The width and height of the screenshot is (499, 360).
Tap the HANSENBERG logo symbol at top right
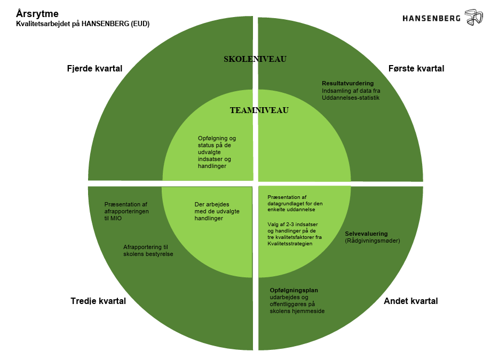pos(474,17)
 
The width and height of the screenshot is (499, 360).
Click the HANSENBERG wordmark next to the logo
pos(432,18)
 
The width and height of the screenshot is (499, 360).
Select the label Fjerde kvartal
pos(94,69)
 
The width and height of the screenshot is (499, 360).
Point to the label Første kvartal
pos(416,69)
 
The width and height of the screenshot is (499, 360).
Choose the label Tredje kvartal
pos(98,301)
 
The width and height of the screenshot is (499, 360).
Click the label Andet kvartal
pos(411,301)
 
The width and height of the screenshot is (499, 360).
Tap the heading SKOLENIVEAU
pos(255,59)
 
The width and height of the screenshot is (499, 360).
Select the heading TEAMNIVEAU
pos(259,111)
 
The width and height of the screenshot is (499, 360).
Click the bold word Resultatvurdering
pos(347,83)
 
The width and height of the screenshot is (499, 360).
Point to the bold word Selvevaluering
pos(366,234)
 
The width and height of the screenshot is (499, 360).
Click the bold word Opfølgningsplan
pos(294,290)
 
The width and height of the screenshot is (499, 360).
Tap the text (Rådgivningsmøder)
pos(372,241)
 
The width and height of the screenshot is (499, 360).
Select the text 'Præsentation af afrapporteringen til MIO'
pos(126,211)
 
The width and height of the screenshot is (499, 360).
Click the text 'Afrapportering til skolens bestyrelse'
pos(148,251)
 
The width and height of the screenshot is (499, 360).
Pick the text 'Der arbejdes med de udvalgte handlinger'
pos(217,211)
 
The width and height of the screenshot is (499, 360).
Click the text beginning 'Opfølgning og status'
pos(217,152)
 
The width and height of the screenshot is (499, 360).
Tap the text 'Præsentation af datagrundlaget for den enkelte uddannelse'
pos(295,203)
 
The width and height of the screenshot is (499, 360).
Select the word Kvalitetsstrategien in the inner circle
pos(290,244)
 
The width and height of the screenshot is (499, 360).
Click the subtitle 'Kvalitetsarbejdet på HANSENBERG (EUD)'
pos(83,24)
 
